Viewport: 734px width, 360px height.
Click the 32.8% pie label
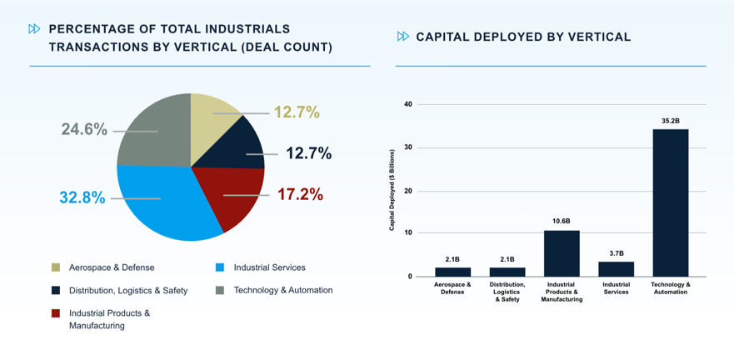(x=82, y=197)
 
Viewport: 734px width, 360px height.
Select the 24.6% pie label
(x=84, y=129)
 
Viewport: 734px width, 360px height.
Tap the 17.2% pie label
(x=300, y=194)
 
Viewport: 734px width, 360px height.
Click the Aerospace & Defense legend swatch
(x=56, y=267)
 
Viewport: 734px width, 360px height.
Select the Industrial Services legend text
(x=269, y=267)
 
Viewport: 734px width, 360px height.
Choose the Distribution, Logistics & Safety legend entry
(x=128, y=290)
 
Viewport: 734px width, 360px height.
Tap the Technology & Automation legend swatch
(x=220, y=290)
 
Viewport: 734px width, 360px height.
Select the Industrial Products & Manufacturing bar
(x=562, y=253)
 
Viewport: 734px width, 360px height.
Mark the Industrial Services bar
(x=616, y=268)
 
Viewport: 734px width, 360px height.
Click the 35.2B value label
(x=670, y=121)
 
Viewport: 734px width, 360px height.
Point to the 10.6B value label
(x=562, y=222)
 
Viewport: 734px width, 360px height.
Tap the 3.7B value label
(x=616, y=252)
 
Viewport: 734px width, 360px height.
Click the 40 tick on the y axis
(x=408, y=104)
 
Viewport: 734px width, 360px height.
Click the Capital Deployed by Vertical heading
(x=523, y=37)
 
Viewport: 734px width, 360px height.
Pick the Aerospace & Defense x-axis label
(x=452, y=288)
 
